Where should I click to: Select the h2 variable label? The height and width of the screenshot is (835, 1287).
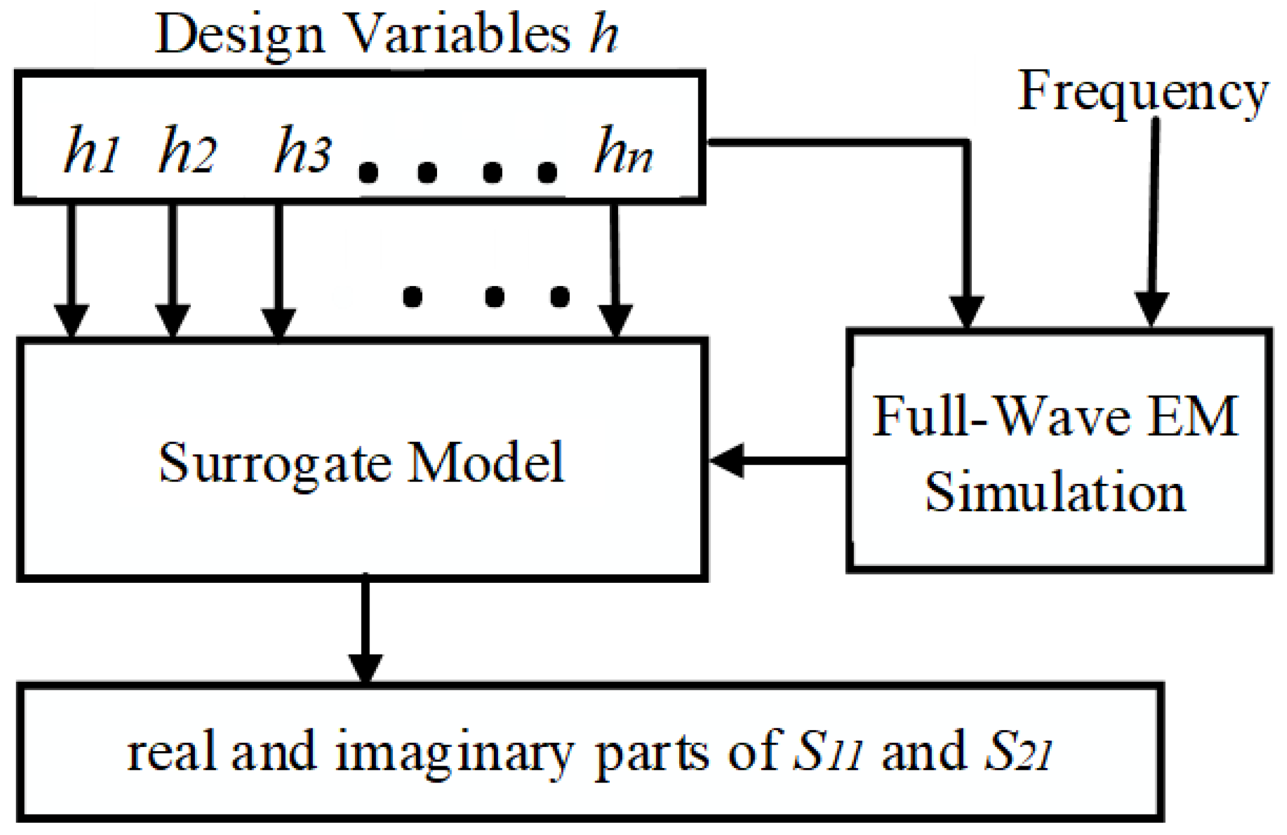tap(187, 151)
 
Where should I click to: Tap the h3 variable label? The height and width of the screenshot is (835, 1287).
tap(303, 151)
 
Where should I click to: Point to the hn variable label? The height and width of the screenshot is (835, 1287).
tap(623, 151)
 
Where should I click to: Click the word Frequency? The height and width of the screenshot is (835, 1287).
tap(1143, 92)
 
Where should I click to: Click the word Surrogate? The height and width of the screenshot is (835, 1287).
tap(275, 463)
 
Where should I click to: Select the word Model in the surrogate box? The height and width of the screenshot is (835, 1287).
tap(485, 462)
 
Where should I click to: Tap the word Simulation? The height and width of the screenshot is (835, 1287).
tap(1055, 492)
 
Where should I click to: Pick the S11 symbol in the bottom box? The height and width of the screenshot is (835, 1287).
tap(828, 752)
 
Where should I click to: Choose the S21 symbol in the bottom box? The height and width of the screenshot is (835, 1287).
tap(1019, 752)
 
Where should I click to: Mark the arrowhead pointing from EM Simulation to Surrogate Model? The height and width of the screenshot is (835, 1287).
tap(726, 461)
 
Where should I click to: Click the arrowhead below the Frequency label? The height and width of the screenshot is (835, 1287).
tap(1151, 310)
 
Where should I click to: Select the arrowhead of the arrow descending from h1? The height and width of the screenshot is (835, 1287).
tap(71, 320)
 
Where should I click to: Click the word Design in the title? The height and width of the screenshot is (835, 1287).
tap(240, 35)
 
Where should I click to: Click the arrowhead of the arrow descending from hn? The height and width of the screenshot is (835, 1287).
tap(615, 320)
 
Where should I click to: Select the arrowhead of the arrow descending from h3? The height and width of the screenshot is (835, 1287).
tap(278, 323)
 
